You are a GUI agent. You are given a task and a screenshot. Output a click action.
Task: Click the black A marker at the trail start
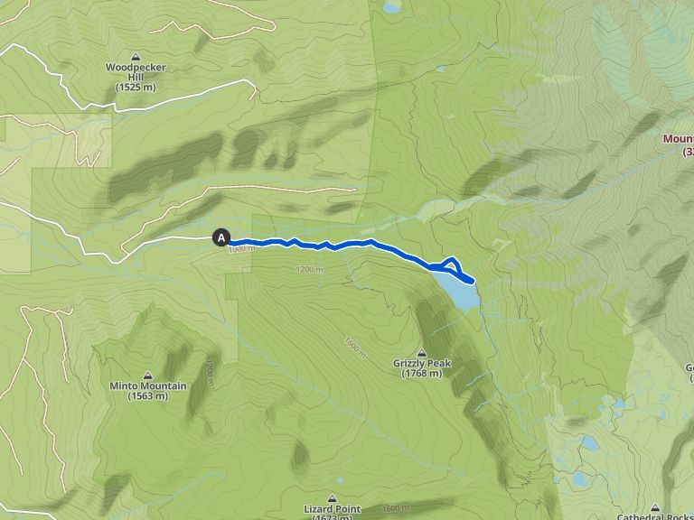(220, 237)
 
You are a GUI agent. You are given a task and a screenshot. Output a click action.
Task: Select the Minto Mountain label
(148, 385)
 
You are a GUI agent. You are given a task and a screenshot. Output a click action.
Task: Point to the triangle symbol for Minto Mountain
(148, 375)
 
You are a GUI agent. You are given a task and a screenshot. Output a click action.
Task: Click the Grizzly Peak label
(421, 364)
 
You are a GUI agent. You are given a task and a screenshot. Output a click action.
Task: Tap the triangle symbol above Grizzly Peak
(422, 352)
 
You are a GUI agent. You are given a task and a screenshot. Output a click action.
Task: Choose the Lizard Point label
(332, 508)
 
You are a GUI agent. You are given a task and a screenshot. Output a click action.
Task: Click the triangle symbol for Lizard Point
(332, 497)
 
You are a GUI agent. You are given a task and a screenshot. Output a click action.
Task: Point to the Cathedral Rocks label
(655, 516)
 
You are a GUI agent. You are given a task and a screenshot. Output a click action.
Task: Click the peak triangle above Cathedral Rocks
(655, 507)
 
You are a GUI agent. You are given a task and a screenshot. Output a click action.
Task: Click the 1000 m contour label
(237, 249)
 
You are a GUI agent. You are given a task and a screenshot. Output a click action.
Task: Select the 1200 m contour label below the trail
(309, 270)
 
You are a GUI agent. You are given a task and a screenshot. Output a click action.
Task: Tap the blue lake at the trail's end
(457, 291)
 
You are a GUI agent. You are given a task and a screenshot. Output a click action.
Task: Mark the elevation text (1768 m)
(422, 374)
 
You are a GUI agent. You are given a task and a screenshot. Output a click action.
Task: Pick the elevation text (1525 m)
(136, 87)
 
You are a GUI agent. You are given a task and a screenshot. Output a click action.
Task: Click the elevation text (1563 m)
(148, 396)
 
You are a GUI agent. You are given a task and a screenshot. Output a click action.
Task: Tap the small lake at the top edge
(391, 7)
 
